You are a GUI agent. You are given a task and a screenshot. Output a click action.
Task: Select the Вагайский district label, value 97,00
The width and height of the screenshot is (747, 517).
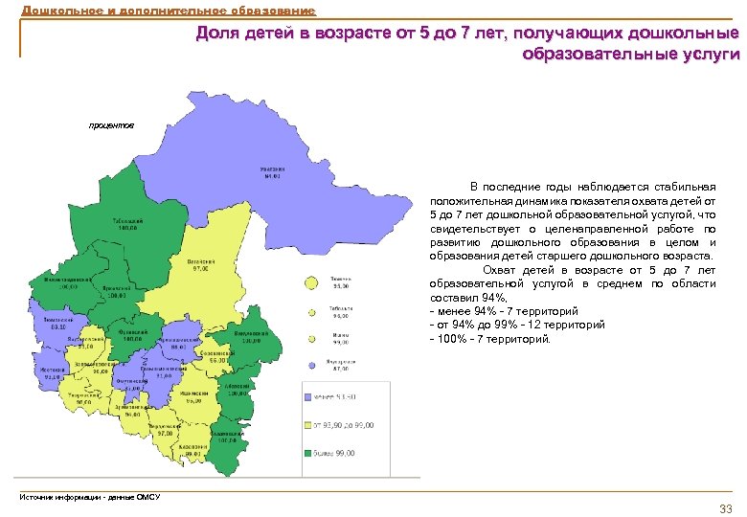[200, 265]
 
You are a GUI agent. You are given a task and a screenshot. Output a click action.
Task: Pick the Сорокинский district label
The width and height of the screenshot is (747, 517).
[216, 356]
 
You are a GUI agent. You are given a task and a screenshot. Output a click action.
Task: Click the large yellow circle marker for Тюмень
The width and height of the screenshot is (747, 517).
[311, 282]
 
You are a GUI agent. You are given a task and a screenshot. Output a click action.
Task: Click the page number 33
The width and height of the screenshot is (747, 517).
[725, 506]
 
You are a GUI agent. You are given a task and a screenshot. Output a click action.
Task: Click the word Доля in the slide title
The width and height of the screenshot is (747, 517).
[217, 34]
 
